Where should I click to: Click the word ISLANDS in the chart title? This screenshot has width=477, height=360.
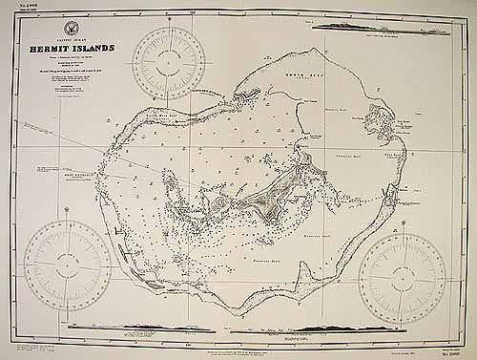pos(106,47)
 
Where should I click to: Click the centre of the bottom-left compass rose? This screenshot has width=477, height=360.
pos(68,264)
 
